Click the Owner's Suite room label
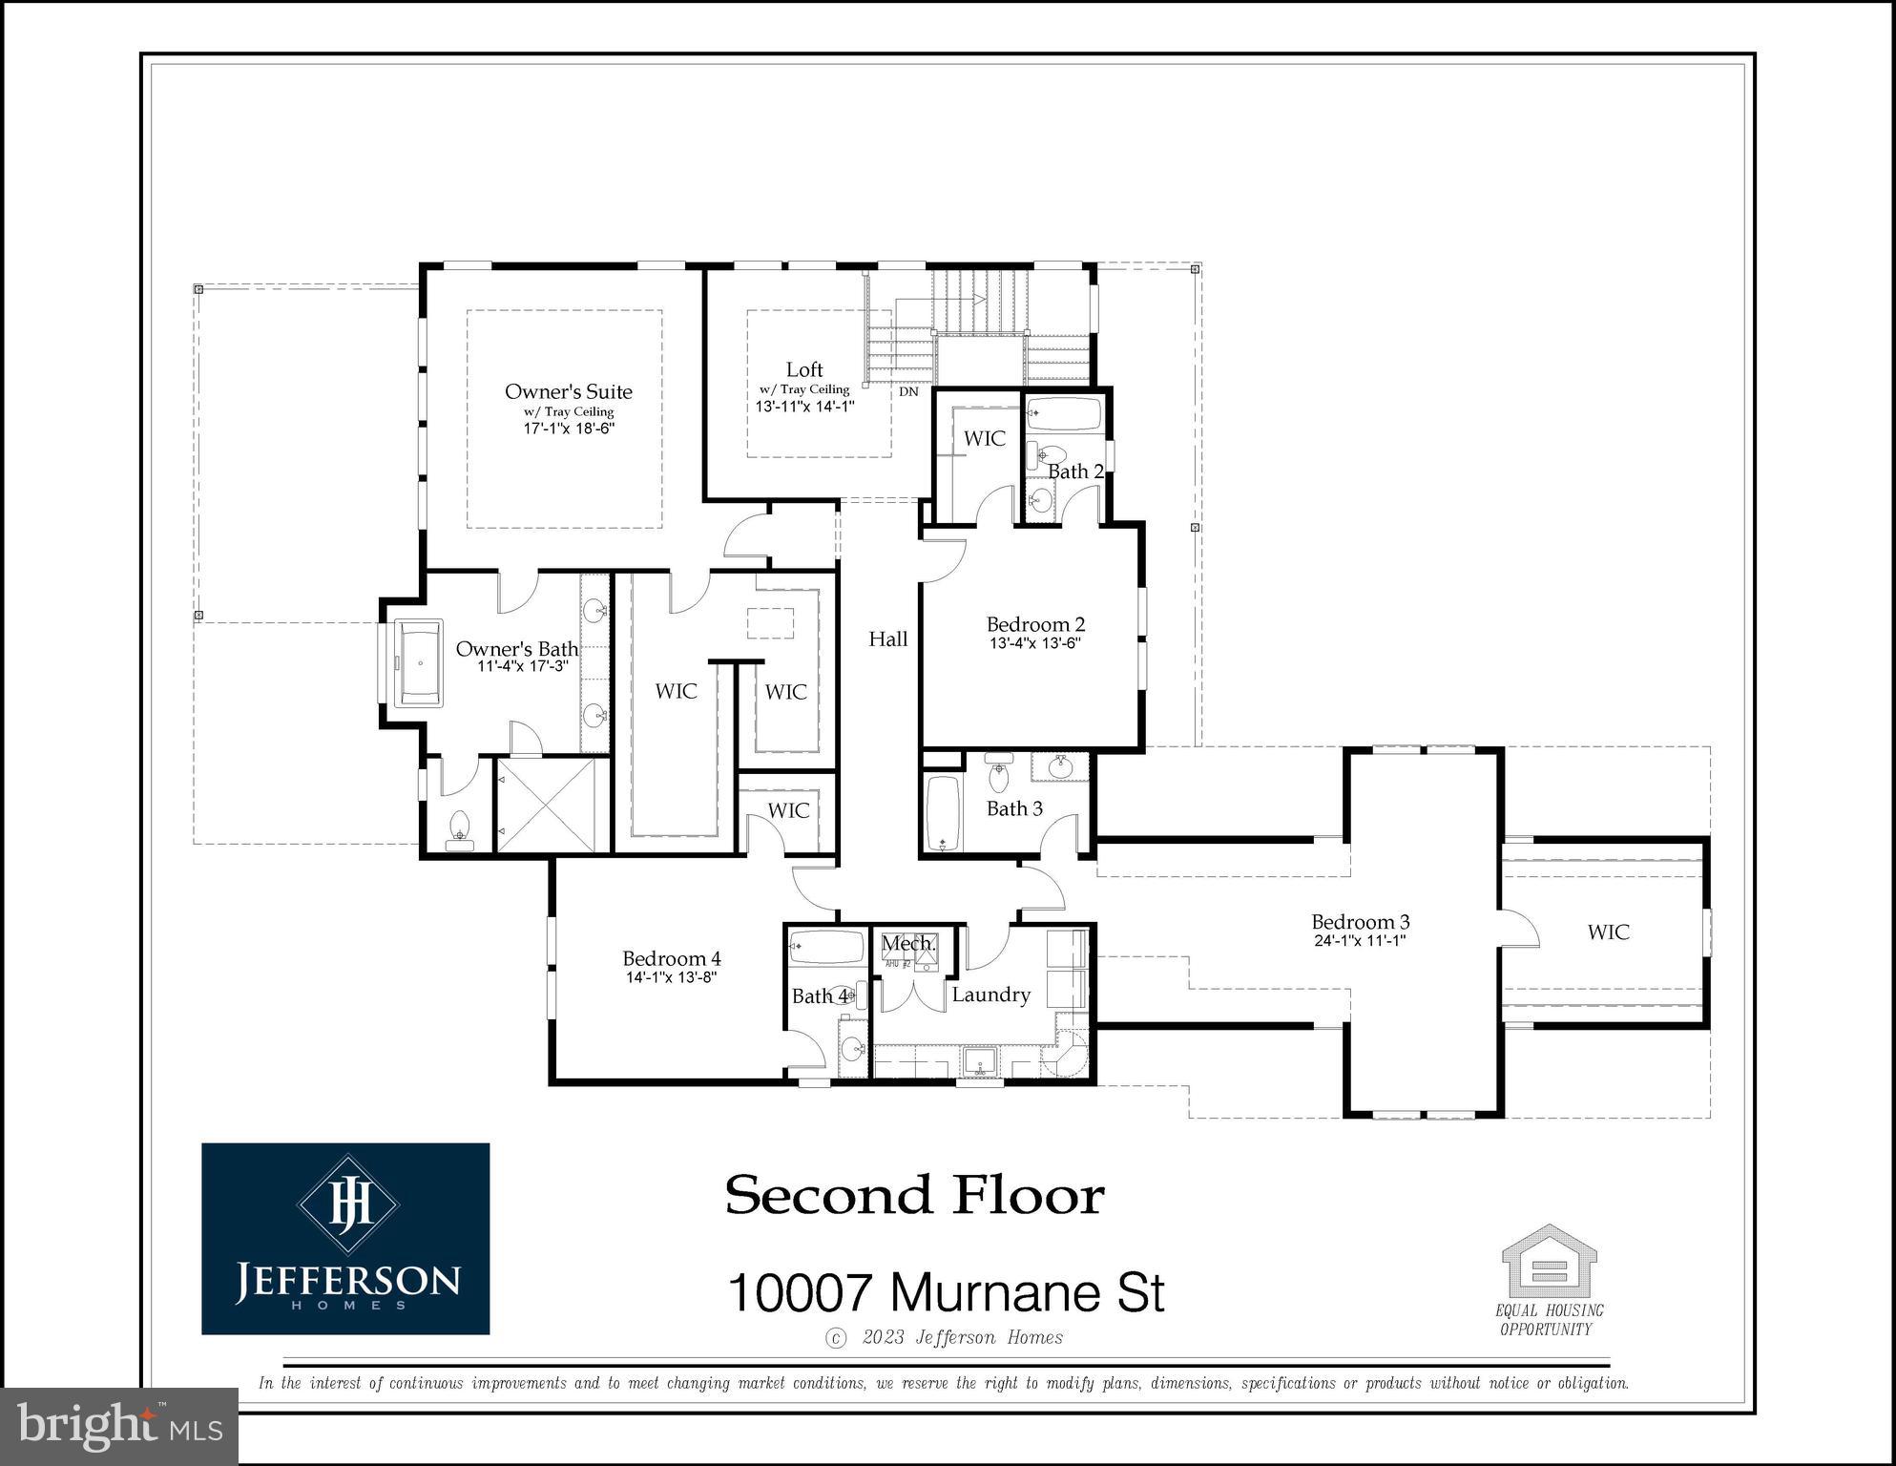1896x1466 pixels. [x=568, y=391]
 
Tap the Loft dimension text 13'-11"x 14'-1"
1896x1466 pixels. [x=804, y=406]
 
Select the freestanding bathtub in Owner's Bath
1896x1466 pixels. [x=419, y=663]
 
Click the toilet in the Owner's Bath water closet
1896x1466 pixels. [x=459, y=828]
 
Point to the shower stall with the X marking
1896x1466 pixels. [x=552, y=805]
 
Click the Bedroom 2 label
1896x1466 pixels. [x=1035, y=624]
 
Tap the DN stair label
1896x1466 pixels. [x=908, y=391]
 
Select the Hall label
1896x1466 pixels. [x=887, y=639]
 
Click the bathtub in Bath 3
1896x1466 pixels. [x=943, y=813]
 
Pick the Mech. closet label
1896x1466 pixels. [x=907, y=944]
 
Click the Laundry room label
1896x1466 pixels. [x=990, y=995]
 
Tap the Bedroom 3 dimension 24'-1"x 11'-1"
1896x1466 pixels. [x=1360, y=940]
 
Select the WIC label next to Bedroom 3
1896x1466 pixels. [x=1608, y=932]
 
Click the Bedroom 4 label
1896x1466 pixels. [x=671, y=958]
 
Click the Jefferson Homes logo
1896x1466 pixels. [x=345, y=1238]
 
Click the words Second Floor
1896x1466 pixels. [x=914, y=1196]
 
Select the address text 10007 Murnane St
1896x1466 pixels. [x=946, y=1292]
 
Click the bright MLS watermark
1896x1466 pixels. [x=119, y=1426]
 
